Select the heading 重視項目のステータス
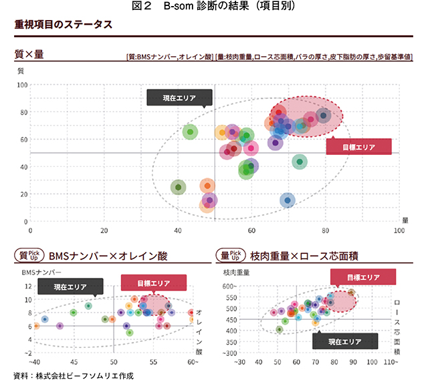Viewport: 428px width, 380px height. click(63, 25)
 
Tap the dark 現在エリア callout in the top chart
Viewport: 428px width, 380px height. click(179, 98)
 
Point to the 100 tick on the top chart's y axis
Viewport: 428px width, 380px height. click(23, 85)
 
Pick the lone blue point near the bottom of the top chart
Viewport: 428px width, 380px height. click(288, 200)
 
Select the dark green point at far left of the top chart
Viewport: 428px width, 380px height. click(178, 188)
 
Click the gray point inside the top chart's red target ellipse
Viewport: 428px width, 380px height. click(324, 116)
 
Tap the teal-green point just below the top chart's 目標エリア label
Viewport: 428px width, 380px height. click(300, 162)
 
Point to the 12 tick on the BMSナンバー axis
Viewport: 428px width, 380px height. click(27, 286)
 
